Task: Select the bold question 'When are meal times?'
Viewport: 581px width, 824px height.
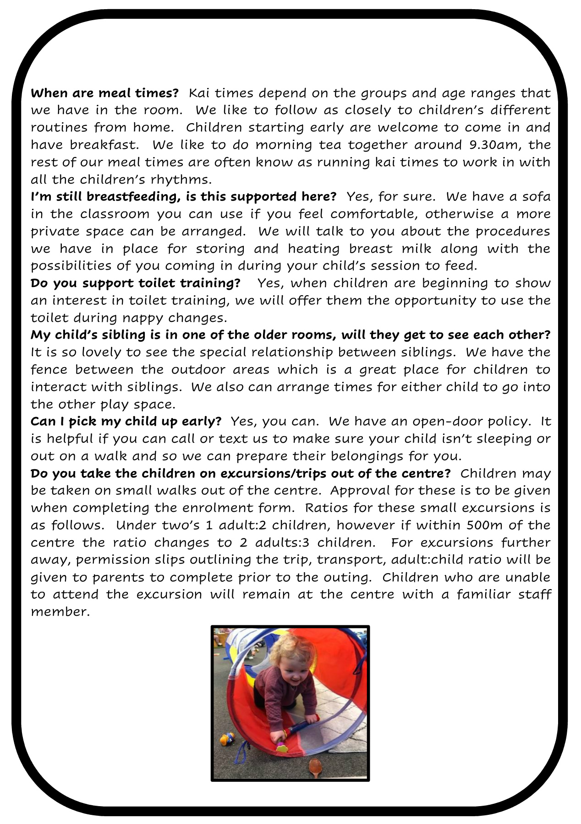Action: click(104, 93)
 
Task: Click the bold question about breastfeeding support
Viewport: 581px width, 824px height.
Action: click(183, 197)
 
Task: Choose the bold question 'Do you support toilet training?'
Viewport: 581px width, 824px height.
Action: click(135, 283)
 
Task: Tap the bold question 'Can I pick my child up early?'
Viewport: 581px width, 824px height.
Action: click(126, 421)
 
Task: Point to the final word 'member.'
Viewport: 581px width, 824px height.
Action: click(60, 612)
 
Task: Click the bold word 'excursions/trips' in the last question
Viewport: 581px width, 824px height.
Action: click(262, 473)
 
